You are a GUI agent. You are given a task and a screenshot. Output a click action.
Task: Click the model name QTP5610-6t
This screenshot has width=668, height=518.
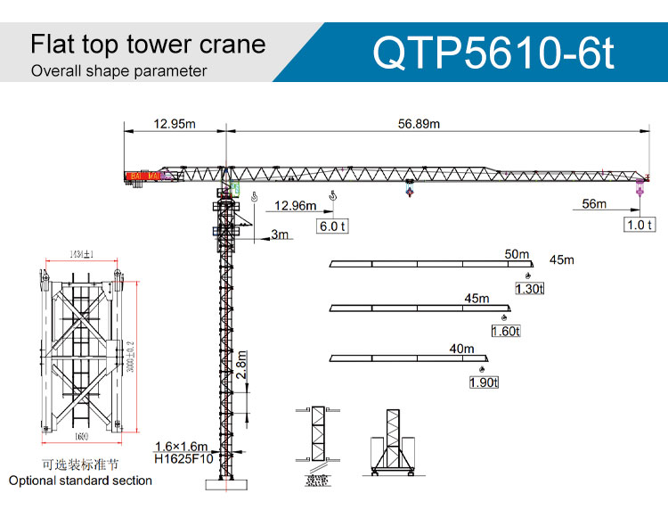(493, 52)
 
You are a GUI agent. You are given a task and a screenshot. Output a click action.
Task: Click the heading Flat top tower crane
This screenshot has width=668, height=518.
(148, 45)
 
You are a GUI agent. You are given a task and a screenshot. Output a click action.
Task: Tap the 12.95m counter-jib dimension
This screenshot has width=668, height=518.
(174, 124)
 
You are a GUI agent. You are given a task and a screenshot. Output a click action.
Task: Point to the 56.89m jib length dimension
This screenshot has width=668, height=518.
(419, 124)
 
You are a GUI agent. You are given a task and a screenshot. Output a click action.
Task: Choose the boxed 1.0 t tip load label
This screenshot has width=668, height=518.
(639, 225)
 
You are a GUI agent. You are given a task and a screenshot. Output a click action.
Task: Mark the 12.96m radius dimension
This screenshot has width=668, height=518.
(295, 206)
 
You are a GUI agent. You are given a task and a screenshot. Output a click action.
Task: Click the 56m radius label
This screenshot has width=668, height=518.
(594, 204)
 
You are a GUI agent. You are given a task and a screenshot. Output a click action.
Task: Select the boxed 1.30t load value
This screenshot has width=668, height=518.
(529, 288)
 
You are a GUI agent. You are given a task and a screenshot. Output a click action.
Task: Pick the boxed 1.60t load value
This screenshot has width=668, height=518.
(505, 332)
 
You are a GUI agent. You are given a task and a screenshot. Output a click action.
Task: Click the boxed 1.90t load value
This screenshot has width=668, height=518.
(484, 382)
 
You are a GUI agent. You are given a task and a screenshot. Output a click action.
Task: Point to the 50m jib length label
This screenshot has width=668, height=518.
(517, 254)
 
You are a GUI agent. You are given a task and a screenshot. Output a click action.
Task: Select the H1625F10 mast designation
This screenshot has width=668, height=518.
(183, 460)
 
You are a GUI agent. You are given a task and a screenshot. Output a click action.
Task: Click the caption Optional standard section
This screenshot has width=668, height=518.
(80, 481)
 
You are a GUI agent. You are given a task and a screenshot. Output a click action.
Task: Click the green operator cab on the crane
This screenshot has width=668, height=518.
(236, 189)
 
